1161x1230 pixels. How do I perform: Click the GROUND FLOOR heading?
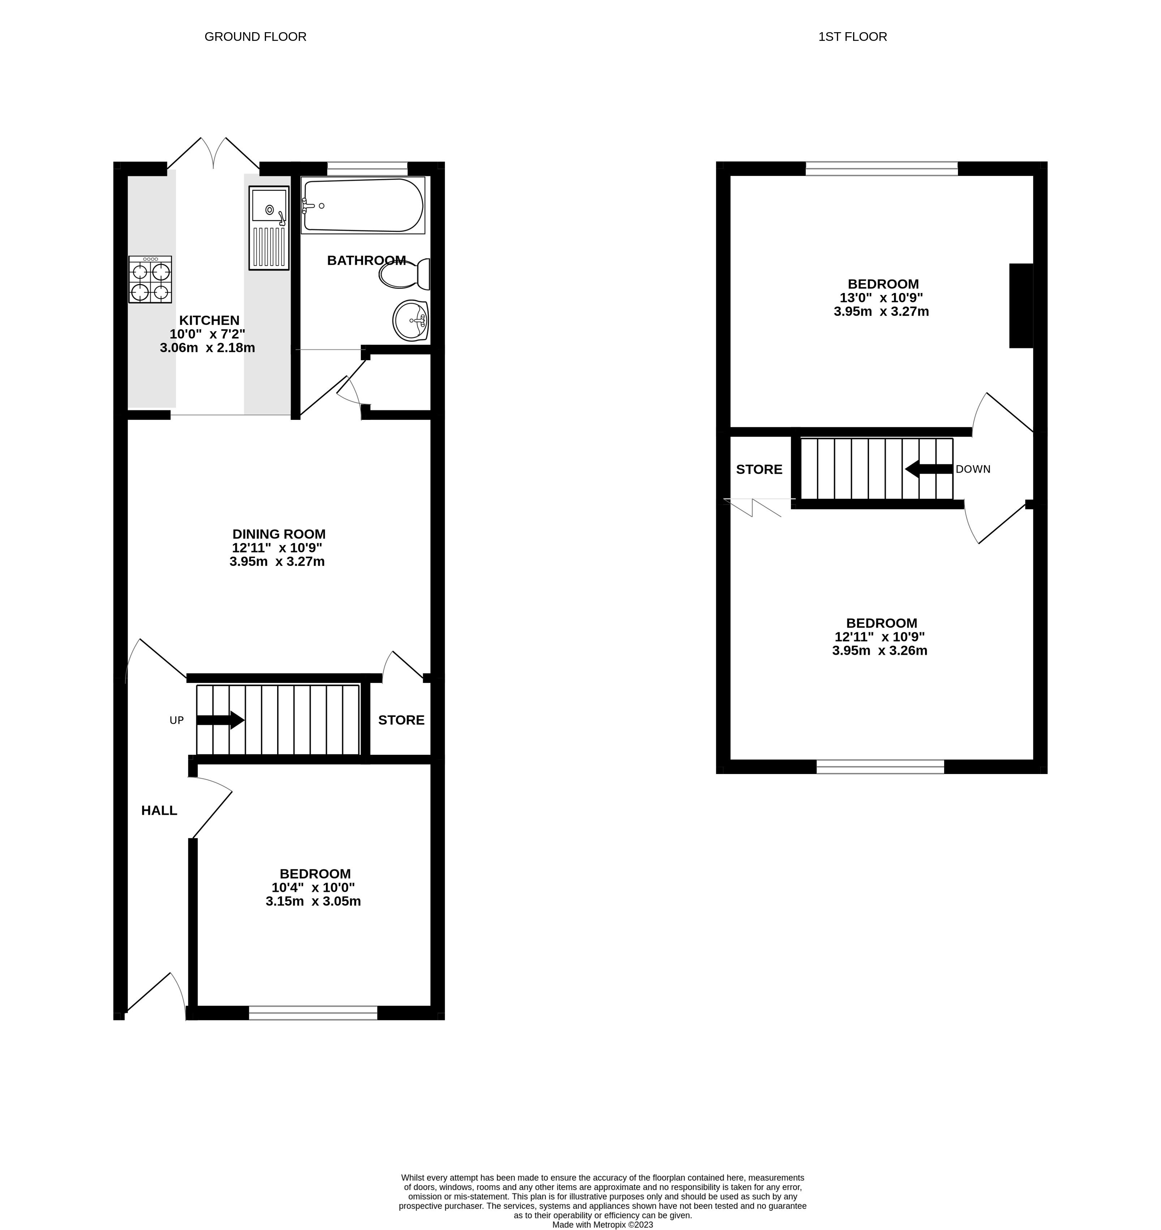[255, 36]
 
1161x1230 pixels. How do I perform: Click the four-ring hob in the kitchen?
[150, 280]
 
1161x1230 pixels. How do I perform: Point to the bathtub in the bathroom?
[363, 205]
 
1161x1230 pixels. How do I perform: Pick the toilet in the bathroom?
[405, 274]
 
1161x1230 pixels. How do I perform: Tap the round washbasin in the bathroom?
[410, 321]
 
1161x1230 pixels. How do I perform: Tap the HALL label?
[159, 810]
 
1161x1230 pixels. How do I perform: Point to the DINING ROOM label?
[279, 534]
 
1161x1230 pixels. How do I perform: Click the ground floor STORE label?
[401, 720]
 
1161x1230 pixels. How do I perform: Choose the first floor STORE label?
[759, 470]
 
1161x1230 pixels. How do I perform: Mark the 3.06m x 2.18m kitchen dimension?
[207, 348]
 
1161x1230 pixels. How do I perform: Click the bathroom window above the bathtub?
[367, 169]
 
